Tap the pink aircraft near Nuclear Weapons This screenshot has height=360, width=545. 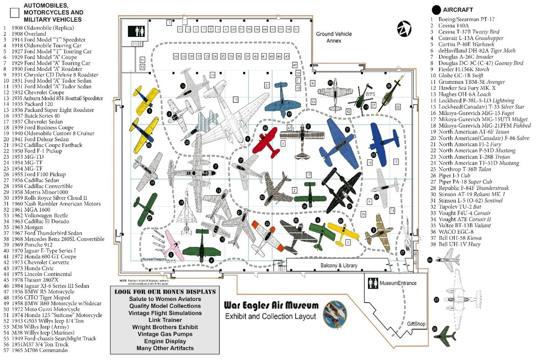pyautogui.click(x=173, y=245)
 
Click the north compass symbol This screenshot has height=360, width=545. pyautogui.click(x=404, y=29)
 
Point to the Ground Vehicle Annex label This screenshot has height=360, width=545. pyautogui.click(x=334, y=37)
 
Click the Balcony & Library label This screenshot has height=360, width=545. pyautogui.click(x=338, y=266)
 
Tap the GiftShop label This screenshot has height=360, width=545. pyautogui.click(x=416, y=324)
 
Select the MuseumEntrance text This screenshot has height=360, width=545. pyautogui.click(x=398, y=283)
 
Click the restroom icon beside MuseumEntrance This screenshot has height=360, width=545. pyautogui.click(x=373, y=283)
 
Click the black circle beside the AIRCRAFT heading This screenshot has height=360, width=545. pyautogui.click(x=436, y=10)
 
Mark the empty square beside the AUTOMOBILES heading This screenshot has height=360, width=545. pyautogui.click(x=15, y=13)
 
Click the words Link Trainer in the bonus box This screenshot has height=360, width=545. pyautogui.click(x=165, y=320)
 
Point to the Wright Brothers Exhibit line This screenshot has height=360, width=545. pyautogui.click(x=165, y=327)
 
